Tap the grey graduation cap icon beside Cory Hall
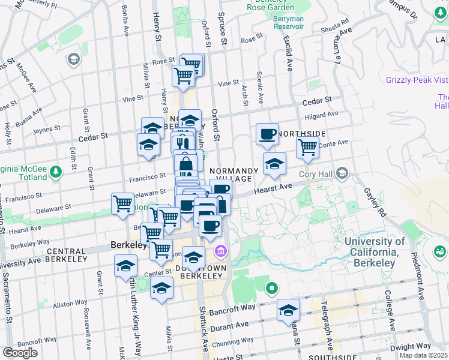(342, 174)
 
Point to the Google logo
(19, 352)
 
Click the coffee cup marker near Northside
(267, 135)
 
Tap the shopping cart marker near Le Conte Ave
(308, 147)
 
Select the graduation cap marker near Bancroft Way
(288, 311)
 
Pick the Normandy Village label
(234, 175)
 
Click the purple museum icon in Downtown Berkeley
(220, 250)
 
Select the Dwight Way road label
(411, 346)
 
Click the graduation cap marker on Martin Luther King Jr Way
(125, 266)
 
